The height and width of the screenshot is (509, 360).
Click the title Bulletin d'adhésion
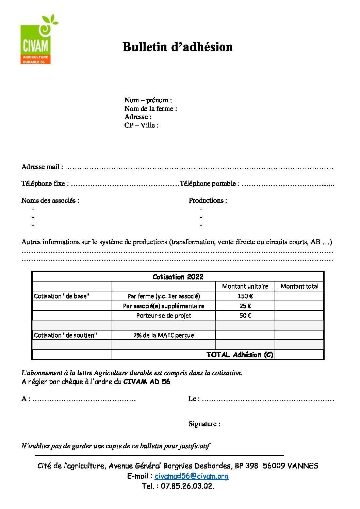[x=177, y=47]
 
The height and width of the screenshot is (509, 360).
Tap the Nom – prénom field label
[x=148, y=100]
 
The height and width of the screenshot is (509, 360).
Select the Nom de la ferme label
[x=150, y=108]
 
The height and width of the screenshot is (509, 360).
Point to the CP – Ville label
[x=141, y=125]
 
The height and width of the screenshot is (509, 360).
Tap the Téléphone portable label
[x=209, y=184]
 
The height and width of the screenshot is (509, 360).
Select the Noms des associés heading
[x=50, y=200]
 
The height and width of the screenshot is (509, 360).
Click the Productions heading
[x=208, y=200]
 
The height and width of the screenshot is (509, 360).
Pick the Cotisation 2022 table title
[x=178, y=277]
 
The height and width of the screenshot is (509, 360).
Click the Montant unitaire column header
[x=245, y=286]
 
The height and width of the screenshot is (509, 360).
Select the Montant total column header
[x=299, y=286]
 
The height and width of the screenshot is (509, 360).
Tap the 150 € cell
[x=245, y=296]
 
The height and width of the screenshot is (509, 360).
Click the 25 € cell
[x=245, y=306]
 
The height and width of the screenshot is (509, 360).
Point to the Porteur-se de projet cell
[x=164, y=316]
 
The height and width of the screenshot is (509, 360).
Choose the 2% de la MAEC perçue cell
[x=164, y=335]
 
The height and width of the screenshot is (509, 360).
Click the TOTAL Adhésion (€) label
[x=240, y=355]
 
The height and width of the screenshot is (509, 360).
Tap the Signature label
[x=204, y=424]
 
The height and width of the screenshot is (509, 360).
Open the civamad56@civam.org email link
[x=191, y=476]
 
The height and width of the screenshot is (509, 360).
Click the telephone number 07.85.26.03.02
[x=187, y=486]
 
